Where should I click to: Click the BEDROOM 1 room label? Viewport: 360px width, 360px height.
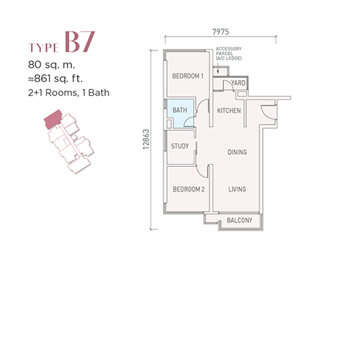coord(188,76)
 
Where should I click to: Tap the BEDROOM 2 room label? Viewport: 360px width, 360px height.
coord(189,189)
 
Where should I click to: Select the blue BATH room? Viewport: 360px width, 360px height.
coord(181,113)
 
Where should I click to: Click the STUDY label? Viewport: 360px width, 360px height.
coord(180,146)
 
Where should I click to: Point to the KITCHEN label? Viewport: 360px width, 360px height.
coord(229,111)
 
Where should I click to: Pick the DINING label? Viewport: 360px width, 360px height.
coord(237,152)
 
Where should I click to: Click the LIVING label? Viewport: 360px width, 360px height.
coord(237,189)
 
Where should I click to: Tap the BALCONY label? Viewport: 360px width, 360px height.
coord(239,220)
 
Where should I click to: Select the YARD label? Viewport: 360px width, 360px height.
coord(238,83)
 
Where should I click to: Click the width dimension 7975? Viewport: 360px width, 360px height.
coord(220,32)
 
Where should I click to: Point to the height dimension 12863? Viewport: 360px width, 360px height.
coord(146,140)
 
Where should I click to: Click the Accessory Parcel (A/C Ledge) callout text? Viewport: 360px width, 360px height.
coord(228,53)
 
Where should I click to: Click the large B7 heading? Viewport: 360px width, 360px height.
coord(80,42)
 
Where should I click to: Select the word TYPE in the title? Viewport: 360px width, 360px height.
coord(43,48)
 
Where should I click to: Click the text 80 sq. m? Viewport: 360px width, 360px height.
coord(51,65)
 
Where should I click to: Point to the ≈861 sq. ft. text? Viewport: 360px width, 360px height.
coord(55,78)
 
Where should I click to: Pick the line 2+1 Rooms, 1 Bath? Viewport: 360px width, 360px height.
coord(68,93)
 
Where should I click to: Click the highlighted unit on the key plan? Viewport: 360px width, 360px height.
coord(53,118)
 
